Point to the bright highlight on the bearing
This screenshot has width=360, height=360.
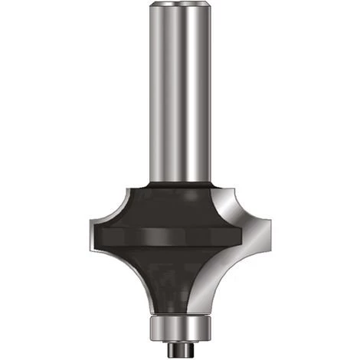pos(186,329)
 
